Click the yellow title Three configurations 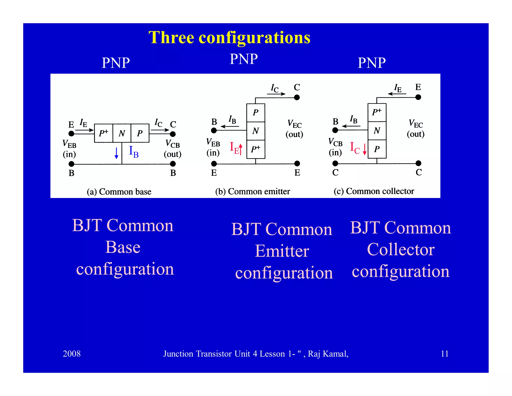tap(229, 38)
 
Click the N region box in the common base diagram tap(122, 133)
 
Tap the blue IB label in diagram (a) tap(133, 152)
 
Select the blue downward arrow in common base tap(116, 153)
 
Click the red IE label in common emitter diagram tap(234, 148)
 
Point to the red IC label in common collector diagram tap(354, 148)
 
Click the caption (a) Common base tap(119, 191)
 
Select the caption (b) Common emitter tap(252, 191)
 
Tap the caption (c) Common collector tap(374, 191)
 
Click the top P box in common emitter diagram tap(255, 113)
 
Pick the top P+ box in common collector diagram tap(377, 112)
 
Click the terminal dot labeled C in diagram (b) tap(297, 97)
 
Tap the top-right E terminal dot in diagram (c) tap(418, 97)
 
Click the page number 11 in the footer tap(444, 353)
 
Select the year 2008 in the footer tap(71, 353)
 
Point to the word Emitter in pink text tap(282, 251)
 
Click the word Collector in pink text tap(401, 249)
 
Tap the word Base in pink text tap(123, 247)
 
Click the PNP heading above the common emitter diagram tap(243, 59)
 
